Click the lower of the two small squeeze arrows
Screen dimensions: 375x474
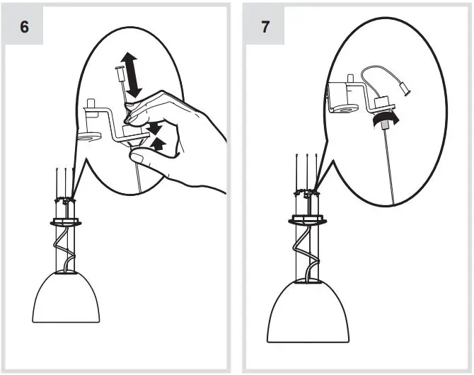tap(159, 144)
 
